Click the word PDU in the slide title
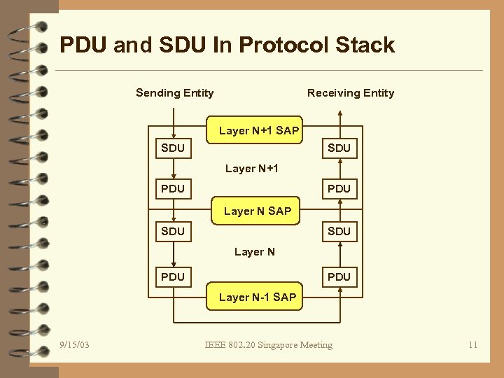tap(84, 45)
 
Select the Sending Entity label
tap(174, 93)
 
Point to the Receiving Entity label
tap(351, 93)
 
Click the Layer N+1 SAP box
tap(258, 130)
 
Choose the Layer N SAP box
tap(258, 211)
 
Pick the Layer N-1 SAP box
tap(258, 297)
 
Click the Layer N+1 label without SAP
tap(252, 168)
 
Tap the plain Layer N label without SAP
tap(255, 251)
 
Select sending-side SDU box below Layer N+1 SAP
tap(173, 148)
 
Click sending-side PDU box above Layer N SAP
tap(173, 189)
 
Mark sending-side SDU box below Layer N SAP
tap(173, 231)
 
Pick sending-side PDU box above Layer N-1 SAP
tap(173, 276)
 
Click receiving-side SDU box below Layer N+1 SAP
tap(339, 148)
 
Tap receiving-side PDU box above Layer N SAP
tap(339, 189)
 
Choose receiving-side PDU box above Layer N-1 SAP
tap(339, 276)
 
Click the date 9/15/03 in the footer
tap(74, 344)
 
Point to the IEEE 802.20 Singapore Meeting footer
tap(269, 344)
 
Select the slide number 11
tap(473, 344)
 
